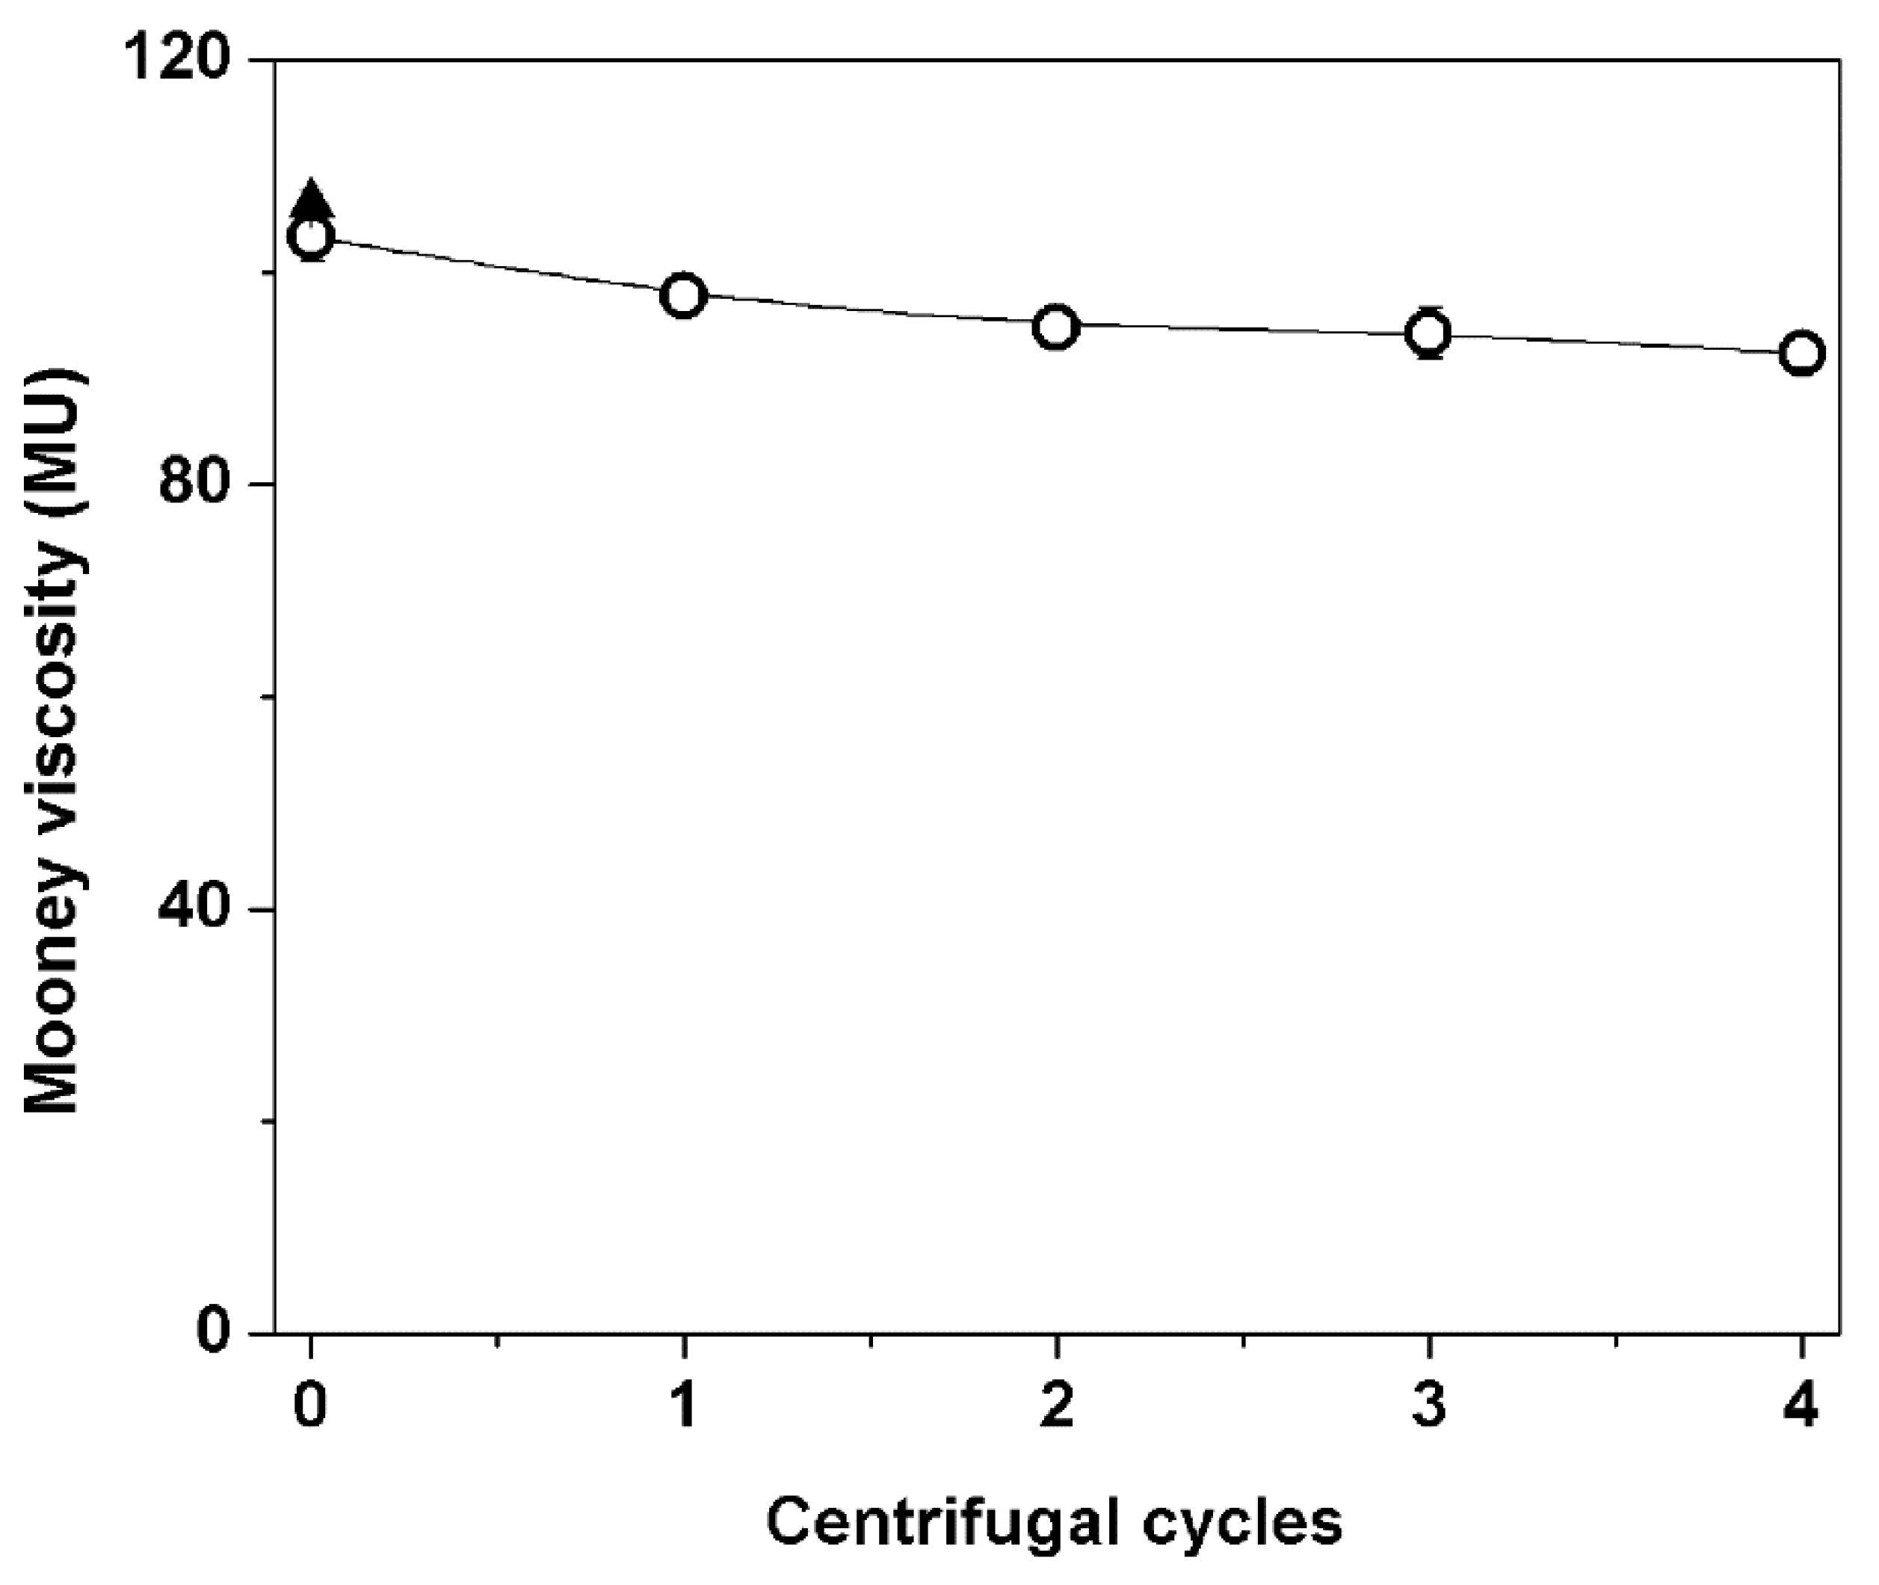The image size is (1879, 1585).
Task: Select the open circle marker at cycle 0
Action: click(311, 237)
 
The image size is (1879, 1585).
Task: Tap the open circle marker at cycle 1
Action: click(684, 295)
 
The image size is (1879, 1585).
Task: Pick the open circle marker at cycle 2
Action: click(1056, 327)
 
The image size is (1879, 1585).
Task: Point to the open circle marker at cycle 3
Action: click(1429, 333)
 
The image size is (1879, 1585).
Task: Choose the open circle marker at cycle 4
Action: click(1802, 353)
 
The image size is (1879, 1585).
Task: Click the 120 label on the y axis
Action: click(175, 61)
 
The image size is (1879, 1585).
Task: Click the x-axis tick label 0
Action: click(311, 1406)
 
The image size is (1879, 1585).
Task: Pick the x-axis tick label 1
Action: click(684, 1406)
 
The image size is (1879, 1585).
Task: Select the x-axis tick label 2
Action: click(1056, 1406)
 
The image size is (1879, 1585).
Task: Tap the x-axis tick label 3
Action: click(1429, 1406)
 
